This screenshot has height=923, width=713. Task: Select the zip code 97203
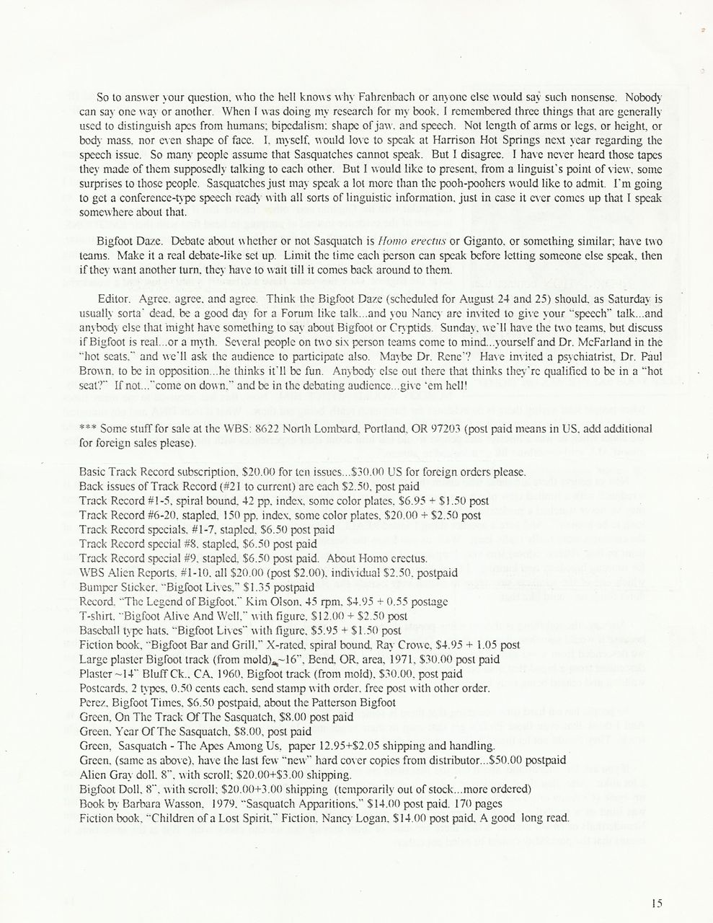(x=437, y=428)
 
